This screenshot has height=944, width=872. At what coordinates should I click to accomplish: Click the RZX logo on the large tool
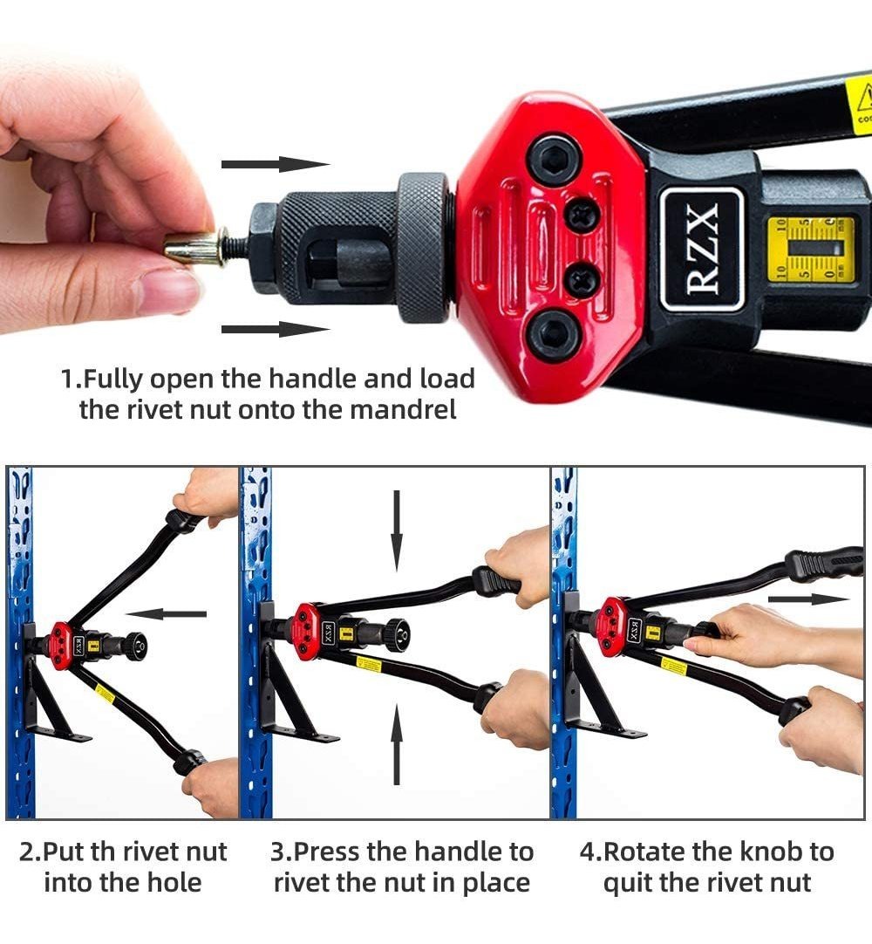[x=702, y=248]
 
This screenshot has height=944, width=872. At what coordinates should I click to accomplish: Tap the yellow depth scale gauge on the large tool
[x=810, y=248]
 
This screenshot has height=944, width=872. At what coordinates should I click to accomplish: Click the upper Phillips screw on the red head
[x=582, y=215]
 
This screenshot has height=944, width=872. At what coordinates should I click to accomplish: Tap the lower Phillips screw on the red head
[x=582, y=280]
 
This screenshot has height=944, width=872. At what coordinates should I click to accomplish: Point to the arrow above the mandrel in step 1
[x=276, y=164]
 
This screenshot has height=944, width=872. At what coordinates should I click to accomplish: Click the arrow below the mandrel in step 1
[x=276, y=329]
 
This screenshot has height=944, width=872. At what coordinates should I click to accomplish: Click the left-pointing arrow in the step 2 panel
[x=166, y=614]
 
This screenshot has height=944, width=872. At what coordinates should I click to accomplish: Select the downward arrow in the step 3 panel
[x=396, y=530]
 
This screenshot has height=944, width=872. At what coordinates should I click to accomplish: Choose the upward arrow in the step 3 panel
[x=396, y=744]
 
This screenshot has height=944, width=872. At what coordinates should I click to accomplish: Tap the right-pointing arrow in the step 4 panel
[x=808, y=599]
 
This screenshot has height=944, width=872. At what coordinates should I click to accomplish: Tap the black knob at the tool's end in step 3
[x=398, y=634]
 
